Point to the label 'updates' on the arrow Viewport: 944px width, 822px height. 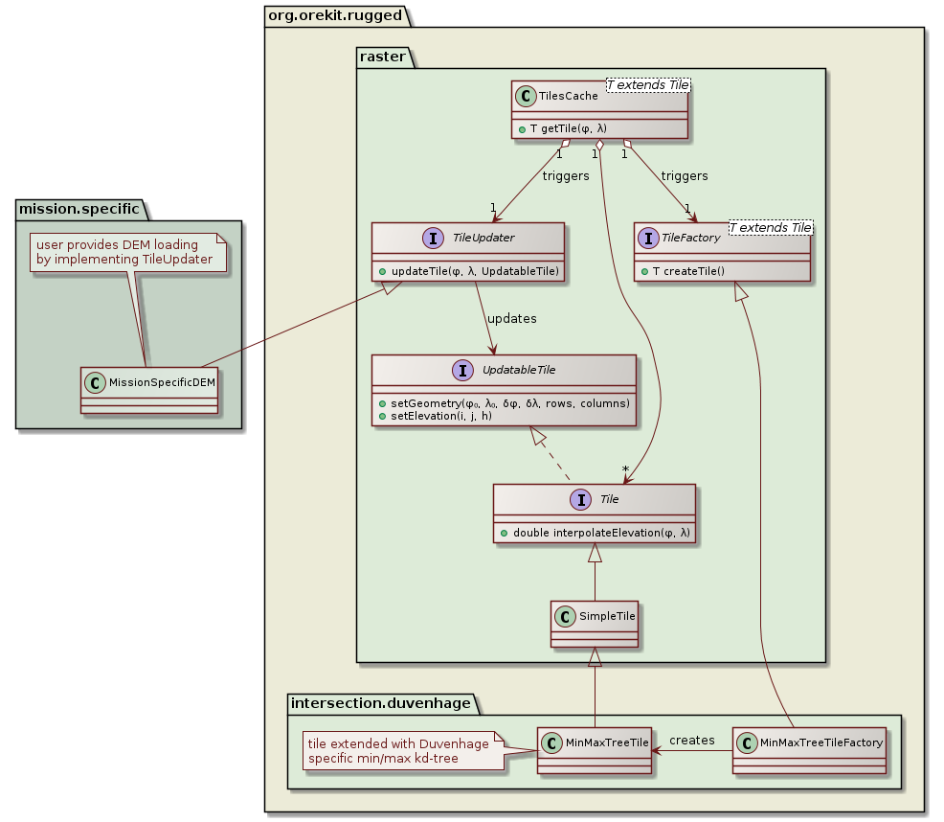[x=510, y=318]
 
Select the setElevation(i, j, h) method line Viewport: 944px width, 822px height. [x=441, y=416]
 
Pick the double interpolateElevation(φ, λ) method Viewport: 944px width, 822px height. [x=599, y=532]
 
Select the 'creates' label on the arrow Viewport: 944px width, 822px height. [x=691, y=741]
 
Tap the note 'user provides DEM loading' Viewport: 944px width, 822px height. [x=124, y=252]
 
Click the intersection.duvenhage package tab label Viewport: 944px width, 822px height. [x=380, y=703]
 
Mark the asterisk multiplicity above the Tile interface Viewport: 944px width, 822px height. [x=625, y=469]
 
